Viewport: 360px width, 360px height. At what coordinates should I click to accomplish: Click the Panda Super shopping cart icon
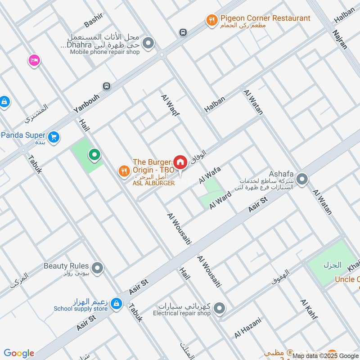tap(54, 137)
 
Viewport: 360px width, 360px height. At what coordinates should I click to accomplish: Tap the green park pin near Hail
tap(94, 156)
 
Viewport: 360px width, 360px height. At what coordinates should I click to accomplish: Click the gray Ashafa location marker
tap(302, 180)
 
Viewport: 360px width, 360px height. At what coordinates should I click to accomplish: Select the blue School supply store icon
tap(117, 304)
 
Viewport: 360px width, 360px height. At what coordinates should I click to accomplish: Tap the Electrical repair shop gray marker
tap(219, 308)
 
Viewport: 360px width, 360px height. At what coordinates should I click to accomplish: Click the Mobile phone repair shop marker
tap(148, 44)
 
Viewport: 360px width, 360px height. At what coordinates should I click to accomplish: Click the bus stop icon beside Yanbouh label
tap(106, 86)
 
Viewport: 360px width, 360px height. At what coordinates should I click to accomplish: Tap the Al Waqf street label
tap(171, 106)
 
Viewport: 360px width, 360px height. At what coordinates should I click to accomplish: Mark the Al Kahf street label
tap(309, 309)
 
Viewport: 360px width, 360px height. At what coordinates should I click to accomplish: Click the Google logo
tap(19, 353)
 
